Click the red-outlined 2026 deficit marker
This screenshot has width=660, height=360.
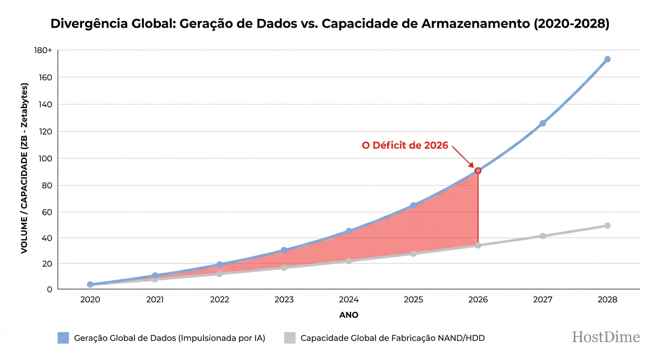coord(478,171)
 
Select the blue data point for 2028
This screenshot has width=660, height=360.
coord(607,59)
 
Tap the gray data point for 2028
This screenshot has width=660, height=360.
coord(607,225)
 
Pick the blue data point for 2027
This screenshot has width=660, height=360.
coord(542,123)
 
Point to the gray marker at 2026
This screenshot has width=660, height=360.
coord(478,245)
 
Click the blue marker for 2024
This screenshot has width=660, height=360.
coord(349,231)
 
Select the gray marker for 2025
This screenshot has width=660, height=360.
coord(413,254)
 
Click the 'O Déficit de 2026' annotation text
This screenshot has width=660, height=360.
coord(405,145)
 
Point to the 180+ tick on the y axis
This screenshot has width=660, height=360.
coord(43,51)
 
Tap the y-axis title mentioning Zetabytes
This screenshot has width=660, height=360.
coord(24,169)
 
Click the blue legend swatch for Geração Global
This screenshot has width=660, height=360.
coord(63,337)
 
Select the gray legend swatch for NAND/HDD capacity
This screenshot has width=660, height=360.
coord(290,337)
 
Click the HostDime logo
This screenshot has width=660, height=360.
coord(606,337)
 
